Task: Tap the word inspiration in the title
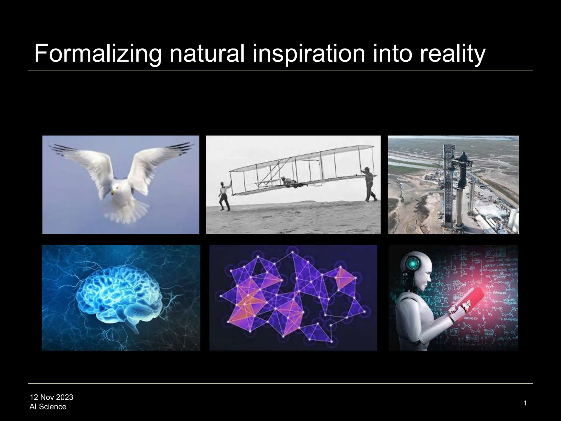(309, 54)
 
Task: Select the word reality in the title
(453, 54)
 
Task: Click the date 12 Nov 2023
(51, 397)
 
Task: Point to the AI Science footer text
(48, 406)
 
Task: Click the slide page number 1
(525, 403)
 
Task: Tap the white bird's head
(116, 189)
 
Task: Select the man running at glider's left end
(225, 197)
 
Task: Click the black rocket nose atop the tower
(463, 159)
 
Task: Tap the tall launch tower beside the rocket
(449, 184)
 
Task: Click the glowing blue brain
(118, 291)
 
